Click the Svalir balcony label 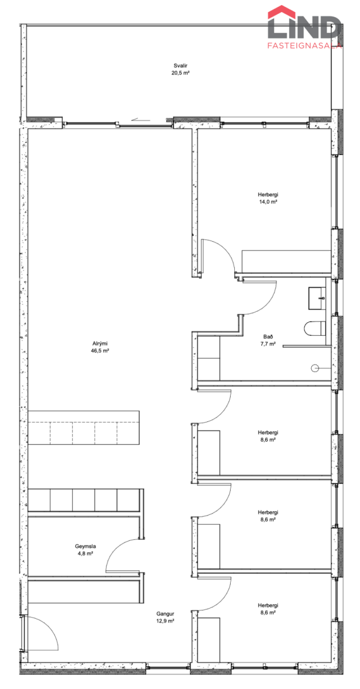coord(180,65)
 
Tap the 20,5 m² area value coord(180,73)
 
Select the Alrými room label coord(100,343)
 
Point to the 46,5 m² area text coord(100,351)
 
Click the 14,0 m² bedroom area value coord(268,202)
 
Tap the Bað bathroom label coord(268,337)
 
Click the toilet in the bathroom coord(315,328)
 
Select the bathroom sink coord(317,299)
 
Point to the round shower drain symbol coord(315,368)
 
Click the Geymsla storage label coord(85,546)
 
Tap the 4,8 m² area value coord(85,553)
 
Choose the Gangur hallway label coord(165,614)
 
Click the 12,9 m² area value coord(165,621)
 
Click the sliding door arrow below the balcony coord(140,119)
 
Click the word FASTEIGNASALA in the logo coord(304,45)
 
